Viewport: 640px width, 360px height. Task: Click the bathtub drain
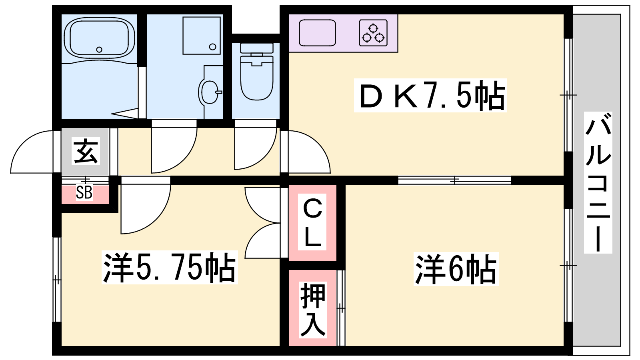coord(99,50)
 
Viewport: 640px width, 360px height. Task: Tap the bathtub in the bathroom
coord(100,38)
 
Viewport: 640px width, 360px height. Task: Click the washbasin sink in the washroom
coord(210,92)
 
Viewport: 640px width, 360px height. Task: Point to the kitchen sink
coord(317,33)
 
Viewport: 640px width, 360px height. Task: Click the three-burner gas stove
coord(373,33)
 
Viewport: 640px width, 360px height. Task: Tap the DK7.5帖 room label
coord(430,95)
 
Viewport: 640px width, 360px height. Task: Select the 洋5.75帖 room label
coord(170,267)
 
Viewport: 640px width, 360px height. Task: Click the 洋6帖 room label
coord(456,269)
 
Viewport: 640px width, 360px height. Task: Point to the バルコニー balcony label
coord(598,182)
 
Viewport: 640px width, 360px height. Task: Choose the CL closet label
coord(312,222)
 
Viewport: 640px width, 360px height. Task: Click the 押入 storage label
coord(312,310)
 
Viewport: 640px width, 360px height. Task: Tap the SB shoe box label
coord(84,192)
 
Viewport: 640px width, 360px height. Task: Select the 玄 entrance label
coord(86,151)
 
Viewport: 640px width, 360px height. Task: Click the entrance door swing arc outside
coord(32,152)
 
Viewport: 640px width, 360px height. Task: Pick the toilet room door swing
coord(256,148)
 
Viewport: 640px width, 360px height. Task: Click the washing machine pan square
coord(202,36)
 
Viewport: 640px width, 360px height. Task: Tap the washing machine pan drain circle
coord(212,46)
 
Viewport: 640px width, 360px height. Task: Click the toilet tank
coord(257,48)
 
